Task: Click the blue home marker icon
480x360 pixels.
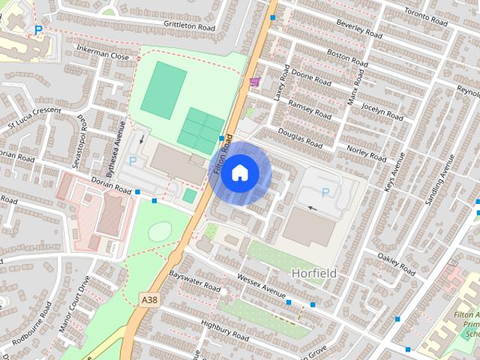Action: pyautogui.click(x=239, y=173)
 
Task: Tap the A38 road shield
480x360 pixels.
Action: pyautogui.click(x=149, y=299)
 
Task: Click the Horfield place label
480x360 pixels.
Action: pyautogui.click(x=314, y=273)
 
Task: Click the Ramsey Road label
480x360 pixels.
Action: pyautogui.click(x=310, y=109)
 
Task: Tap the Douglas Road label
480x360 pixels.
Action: pyautogui.click(x=300, y=136)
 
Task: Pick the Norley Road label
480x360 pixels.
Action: pyautogui.click(x=367, y=152)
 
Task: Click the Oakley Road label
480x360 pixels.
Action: pyautogui.click(x=397, y=263)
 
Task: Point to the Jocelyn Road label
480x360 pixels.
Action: pyautogui.click(x=382, y=109)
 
